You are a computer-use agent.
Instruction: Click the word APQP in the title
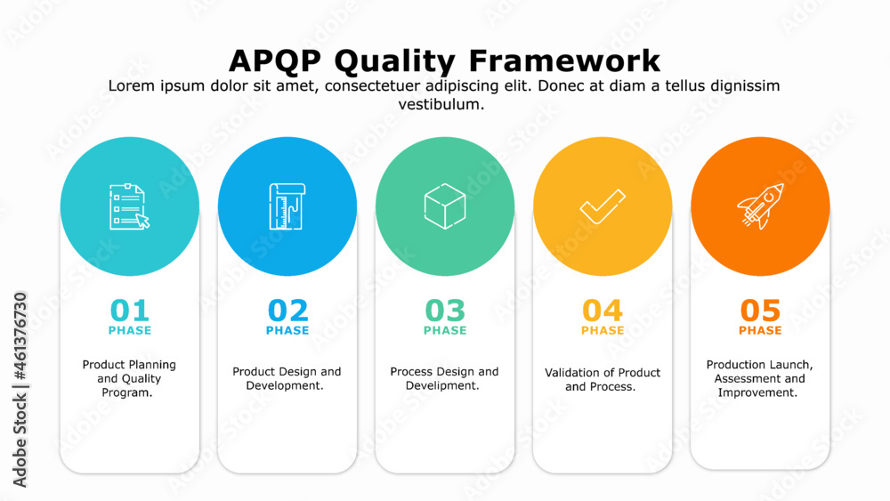pos(275,61)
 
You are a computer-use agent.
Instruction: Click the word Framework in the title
pos(565,61)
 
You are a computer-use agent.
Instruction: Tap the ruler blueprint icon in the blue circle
pos(287,206)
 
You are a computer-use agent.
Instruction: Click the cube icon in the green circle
pos(445,206)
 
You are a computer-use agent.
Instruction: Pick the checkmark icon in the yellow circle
pos(603,206)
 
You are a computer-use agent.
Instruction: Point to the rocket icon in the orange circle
pos(761,206)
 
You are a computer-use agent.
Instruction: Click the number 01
pos(129,311)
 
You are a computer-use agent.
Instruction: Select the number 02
pos(287,311)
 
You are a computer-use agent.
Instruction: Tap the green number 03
pos(445,311)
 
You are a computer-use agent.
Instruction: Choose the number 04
pos(603,311)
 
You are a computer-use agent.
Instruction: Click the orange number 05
pos(760,311)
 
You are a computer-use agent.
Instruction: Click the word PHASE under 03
pos(445,330)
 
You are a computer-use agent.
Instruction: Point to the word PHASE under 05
pos(760,330)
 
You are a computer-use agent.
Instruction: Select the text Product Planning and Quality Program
pos(129,378)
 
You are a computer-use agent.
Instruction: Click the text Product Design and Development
pos(287,378)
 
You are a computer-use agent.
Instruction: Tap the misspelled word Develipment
pos(442,386)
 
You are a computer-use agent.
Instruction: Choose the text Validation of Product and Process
pos(603,380)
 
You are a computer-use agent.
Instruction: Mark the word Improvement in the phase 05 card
pos(757,392)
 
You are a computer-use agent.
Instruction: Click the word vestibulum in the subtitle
pos(441,104)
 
